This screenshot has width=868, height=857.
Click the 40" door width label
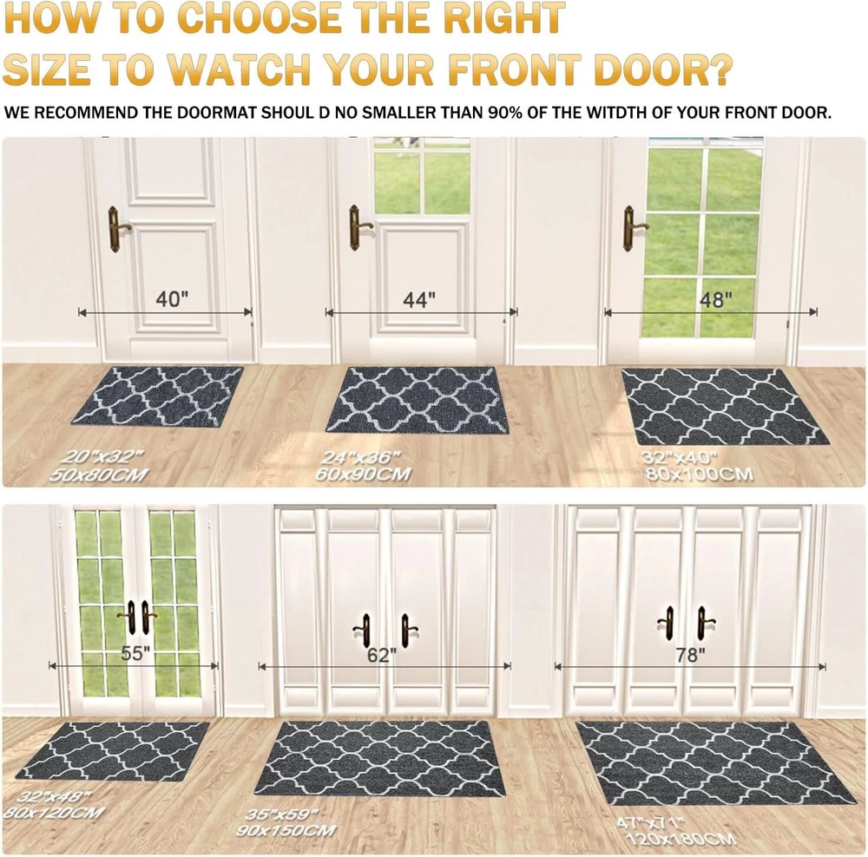172,299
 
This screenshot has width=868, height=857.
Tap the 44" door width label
419,300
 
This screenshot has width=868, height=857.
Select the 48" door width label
716,300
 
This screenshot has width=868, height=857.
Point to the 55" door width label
135,653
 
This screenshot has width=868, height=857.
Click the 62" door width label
382,655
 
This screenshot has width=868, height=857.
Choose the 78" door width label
690,655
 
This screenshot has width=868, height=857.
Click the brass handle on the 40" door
117,229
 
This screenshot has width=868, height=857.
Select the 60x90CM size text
363,474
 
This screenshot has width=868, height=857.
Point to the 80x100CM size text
699,474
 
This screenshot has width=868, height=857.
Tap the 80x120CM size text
54,812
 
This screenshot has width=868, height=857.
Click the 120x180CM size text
681,840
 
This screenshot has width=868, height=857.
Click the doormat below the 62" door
380,758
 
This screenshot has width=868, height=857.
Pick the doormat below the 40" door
158,396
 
